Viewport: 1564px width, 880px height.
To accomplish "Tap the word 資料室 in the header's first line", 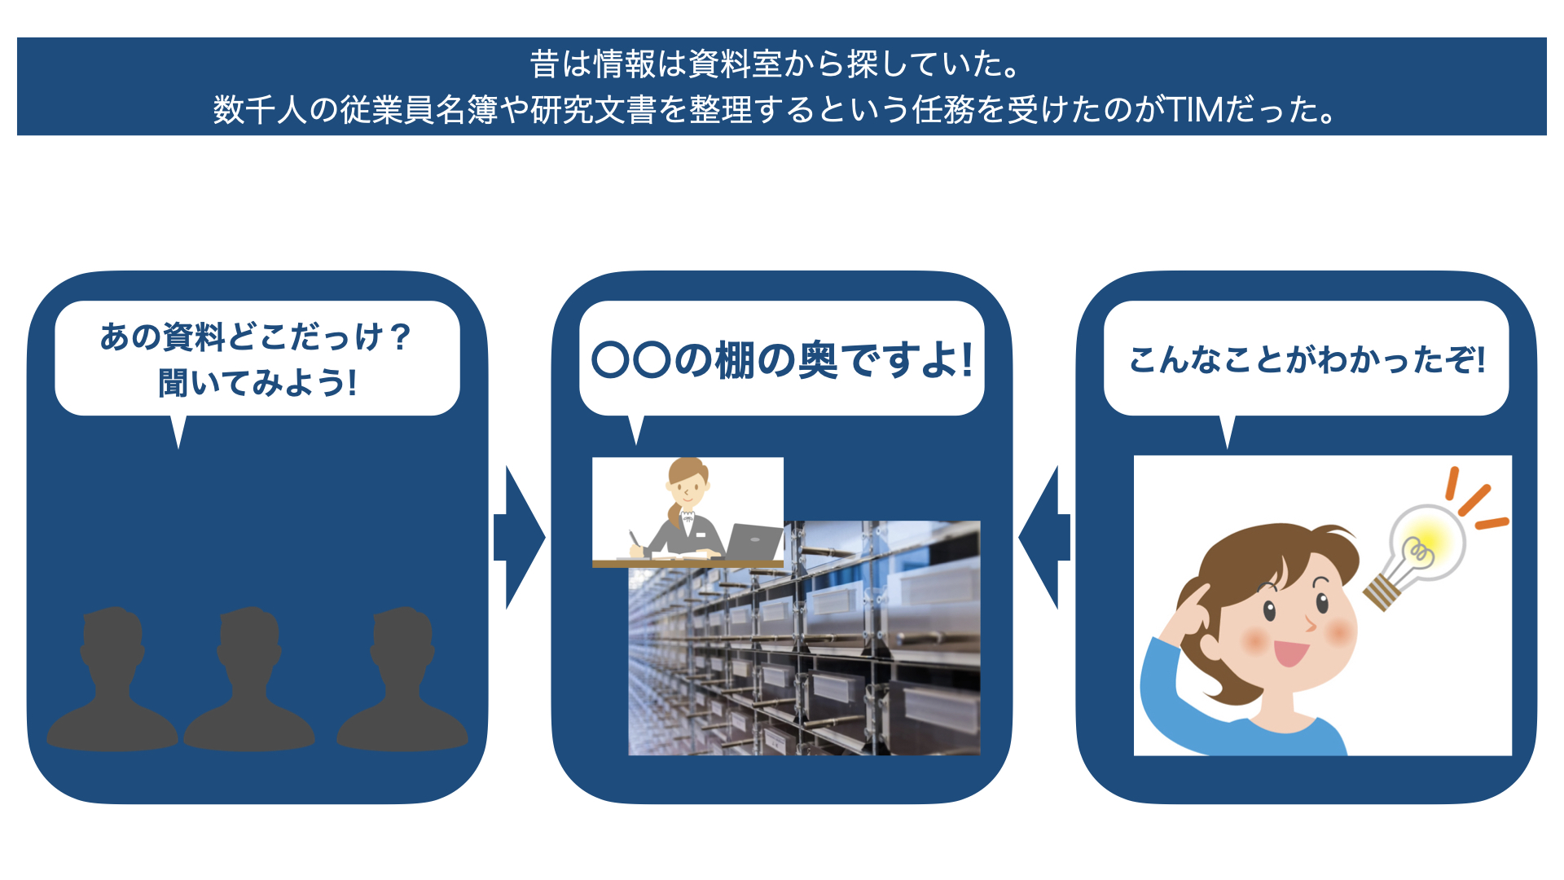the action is point(735,64).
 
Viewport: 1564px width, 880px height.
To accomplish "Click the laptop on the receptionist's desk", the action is point(753,542).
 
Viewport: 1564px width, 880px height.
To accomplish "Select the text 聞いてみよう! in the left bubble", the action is point(257,382).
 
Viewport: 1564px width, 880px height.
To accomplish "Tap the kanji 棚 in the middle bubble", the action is point(735,360).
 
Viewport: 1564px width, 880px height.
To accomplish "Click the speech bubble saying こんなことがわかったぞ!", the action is point(1306,359).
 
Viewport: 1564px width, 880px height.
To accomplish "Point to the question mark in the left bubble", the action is point(399,337).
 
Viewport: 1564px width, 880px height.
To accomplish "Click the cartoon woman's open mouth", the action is point(1289,653).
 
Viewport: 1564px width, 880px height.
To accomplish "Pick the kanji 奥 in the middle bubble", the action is point(817,360).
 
